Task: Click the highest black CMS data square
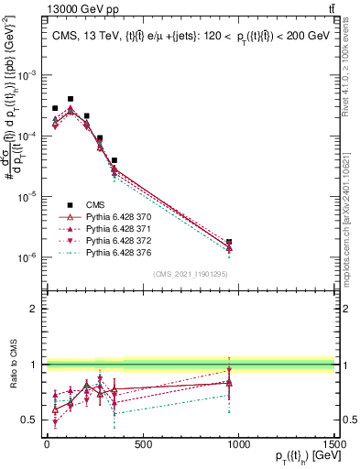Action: click(x=71, y=99)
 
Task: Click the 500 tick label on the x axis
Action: click(x=142, y=446)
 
